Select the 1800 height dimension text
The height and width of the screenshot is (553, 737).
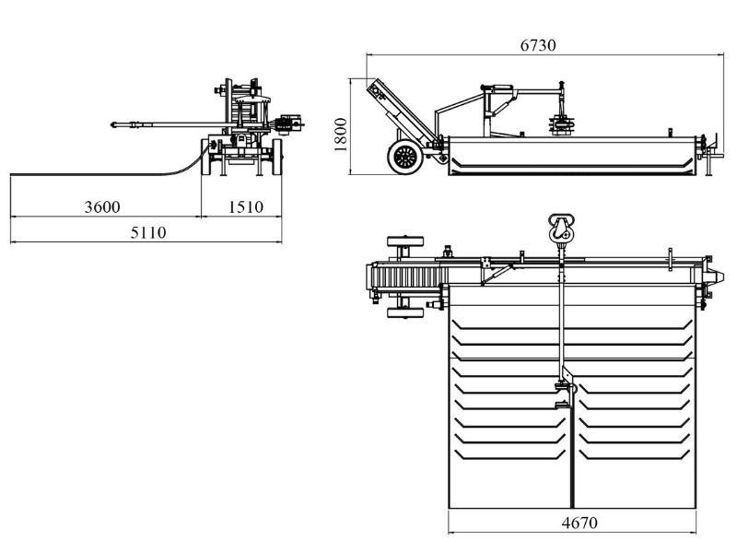click(340, 135)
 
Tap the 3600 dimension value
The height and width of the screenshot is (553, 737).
click(102, 206)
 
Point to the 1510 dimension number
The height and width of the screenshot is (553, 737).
click(246, 206)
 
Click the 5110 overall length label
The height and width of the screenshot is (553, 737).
click(146, 232)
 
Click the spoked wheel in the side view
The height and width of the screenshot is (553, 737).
click(404, 158)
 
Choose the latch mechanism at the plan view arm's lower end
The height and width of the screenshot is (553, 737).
click(562, 392)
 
